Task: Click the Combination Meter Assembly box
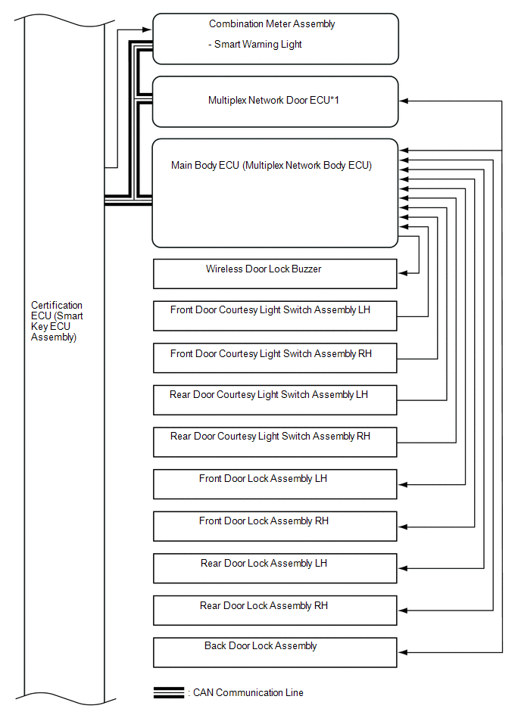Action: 275,38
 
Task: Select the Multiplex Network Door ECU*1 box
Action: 275,101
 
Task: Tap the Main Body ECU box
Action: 275,193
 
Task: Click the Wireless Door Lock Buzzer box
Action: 275,274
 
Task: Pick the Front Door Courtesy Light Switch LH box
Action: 275,315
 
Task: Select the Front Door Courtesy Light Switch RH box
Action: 275,358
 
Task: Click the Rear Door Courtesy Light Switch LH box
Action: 275,400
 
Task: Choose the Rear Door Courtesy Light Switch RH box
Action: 275,443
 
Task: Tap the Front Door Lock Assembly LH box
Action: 275,484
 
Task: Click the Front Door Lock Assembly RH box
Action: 275,527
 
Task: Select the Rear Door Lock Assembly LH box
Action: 275,568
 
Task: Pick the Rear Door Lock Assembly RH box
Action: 275,611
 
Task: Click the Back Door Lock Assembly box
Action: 275,652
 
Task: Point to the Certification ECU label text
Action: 57,322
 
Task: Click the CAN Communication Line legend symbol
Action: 168,692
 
